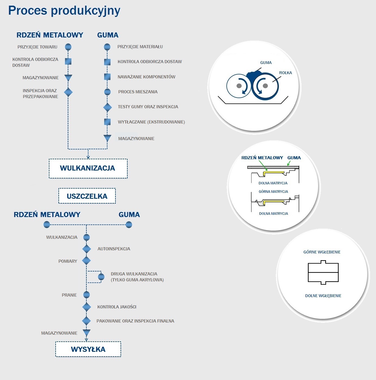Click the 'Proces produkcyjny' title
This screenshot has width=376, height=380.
point(64,11)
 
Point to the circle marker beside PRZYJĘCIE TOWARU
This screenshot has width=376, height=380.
point(68,47)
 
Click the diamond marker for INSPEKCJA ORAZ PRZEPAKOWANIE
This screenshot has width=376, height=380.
point(68,92)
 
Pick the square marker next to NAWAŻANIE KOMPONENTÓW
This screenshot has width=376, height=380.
point(107,77)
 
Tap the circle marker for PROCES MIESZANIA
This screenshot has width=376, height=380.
point(107,92)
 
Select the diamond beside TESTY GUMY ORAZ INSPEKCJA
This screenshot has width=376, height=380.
point(108,107)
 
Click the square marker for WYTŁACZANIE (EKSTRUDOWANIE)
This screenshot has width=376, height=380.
point(107,122)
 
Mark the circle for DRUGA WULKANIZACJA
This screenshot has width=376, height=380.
point(101,277)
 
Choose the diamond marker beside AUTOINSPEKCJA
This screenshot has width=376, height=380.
point(86,249)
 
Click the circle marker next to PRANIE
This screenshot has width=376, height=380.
point(86,295)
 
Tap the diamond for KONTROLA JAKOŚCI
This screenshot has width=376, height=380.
point(86,307)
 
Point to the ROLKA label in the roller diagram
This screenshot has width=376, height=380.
point(285,73)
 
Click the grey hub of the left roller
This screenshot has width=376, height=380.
point(239,86)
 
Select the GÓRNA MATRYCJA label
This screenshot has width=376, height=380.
point(273,191)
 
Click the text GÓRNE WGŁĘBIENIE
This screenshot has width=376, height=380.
point(322,252)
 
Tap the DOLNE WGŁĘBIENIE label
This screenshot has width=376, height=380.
point(323,296)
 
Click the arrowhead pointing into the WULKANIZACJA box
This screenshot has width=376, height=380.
point(88,157)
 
